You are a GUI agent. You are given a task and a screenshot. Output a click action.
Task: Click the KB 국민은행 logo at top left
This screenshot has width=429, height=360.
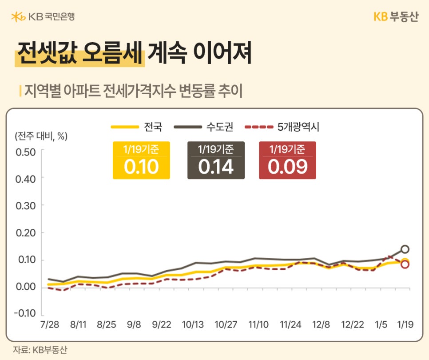coord(43,16)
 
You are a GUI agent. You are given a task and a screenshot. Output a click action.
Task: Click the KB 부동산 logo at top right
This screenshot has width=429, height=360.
coord(396,16)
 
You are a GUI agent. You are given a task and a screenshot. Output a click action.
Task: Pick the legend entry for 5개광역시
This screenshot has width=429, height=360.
coord(282,127)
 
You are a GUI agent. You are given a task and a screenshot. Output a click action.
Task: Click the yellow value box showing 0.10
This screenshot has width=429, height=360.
coord(141,160)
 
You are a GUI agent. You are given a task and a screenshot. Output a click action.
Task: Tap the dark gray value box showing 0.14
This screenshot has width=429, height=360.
coord(216,160)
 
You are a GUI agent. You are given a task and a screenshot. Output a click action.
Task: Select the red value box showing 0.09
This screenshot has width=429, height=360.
coord(287,160)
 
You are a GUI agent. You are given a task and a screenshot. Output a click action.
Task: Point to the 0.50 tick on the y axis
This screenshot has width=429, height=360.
coord(25,151)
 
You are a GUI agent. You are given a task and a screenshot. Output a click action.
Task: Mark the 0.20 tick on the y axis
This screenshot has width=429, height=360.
coord(25,232)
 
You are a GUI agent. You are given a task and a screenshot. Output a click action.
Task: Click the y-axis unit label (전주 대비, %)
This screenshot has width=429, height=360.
coord(41,136)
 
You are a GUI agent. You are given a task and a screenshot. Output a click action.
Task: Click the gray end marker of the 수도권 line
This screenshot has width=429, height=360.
coord(405,249)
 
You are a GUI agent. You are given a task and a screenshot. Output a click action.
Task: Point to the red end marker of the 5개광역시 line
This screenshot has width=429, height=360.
coord(405,265)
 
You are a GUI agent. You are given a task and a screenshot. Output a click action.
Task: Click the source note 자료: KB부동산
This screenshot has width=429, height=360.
coord(40,349)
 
